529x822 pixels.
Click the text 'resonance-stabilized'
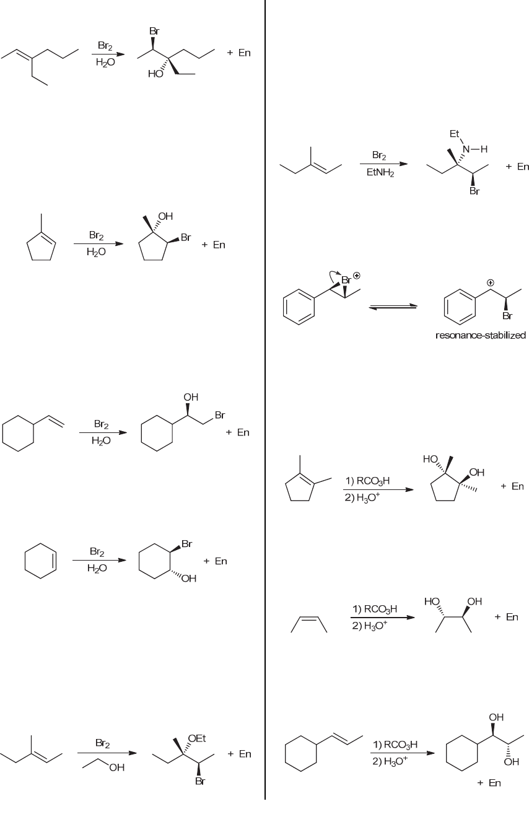pyautogui.click(x=480, y=336)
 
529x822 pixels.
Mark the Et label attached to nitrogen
pyautogui.click(x=455, y=133)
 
